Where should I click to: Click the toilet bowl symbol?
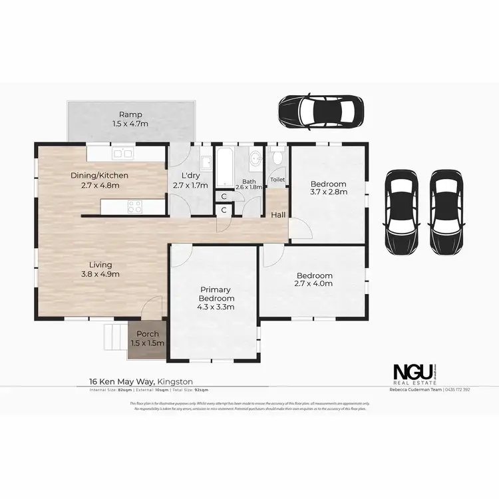(x=277, y=158)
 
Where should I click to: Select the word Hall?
(x=278, y=215)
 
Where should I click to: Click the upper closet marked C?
(x=224, y=196)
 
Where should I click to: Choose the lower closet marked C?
(x=224, y=210)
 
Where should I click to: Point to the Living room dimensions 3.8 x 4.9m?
(x=100, y=273)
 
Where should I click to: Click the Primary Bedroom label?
(x=214, y=293)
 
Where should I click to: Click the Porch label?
(x=146, y=334)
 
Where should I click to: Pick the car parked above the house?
(x=321, y=110)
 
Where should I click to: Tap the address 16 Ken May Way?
(x=122, y=381)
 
